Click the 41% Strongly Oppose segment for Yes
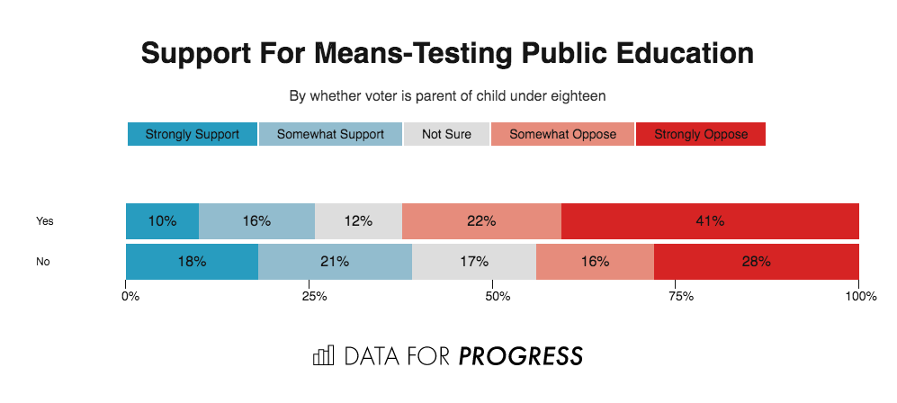[x=710, y=221]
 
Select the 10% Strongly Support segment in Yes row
[x=162, y=221]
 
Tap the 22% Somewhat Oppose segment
[x=481, y=221]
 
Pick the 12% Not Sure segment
[x=358, y=221]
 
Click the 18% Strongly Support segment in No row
[x=192, y=262]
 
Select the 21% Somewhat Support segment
[x=335, y=262]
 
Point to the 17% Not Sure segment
[x=473, y=262]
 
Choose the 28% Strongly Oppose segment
[x=756, y=262]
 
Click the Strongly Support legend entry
[x=192, y=134]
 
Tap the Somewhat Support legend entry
[x=330, y=134]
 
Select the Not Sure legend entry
[x=446, y=134]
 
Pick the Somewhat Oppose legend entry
[x=562, y=134]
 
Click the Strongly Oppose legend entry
[x=700, y=134]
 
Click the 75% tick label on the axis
[x=677, y=296]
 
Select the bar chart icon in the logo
[x=323, y=355]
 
